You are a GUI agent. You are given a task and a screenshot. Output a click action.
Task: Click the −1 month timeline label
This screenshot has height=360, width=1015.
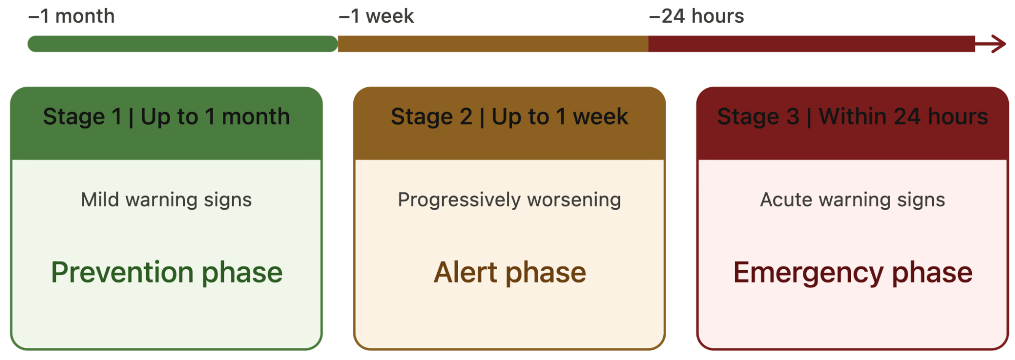[x=72, y=16]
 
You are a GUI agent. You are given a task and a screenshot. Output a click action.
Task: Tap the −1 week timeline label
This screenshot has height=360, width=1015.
[x=376, y=16]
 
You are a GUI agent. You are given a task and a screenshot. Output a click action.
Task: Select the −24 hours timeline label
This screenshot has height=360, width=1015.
[x=697, y=16]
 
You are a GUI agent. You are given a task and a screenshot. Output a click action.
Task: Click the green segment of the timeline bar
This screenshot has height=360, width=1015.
[x=183, y=44]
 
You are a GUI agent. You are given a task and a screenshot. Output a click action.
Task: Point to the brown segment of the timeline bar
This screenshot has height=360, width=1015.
[x=493, y=44]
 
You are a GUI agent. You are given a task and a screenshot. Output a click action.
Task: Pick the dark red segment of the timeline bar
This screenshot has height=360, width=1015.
[x=811, y=44]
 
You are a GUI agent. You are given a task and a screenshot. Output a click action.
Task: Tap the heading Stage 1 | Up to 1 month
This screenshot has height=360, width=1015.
[x=167, y=117]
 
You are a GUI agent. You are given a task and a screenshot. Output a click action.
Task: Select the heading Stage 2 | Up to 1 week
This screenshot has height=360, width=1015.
[x=509, y=117]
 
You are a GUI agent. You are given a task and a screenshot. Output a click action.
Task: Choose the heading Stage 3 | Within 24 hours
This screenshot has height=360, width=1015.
[x=853, y=117]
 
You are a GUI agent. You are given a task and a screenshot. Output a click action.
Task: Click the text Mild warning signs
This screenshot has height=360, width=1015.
[x=167, y=200]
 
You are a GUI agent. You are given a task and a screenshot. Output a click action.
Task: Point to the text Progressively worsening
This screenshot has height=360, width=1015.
[x=509, y=200]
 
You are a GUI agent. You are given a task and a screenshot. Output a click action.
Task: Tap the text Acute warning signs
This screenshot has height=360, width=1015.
[x=853, y=200]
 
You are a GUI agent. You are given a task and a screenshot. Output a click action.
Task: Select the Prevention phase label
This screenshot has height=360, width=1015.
[x=167, y=273]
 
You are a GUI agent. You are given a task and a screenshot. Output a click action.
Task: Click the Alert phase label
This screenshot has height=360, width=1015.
[x=510, y=273]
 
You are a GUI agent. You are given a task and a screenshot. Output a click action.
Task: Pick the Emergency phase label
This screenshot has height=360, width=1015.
[x=853, y=273]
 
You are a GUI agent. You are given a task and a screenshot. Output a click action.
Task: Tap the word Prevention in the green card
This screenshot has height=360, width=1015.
[x=122, y=272]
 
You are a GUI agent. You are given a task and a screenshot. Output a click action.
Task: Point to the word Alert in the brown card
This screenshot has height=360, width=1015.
[x=466, y=272]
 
